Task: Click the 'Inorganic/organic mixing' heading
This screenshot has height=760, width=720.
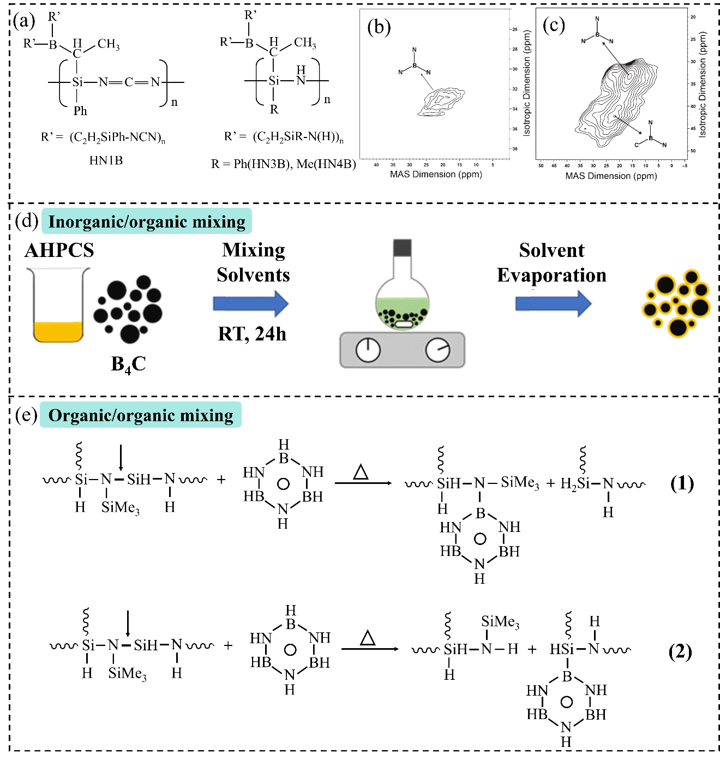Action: point(147,222)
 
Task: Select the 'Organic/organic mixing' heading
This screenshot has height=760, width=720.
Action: point(141,415)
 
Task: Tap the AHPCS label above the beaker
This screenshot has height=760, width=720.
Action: point(59,250)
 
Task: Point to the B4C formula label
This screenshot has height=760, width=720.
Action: point(128,364)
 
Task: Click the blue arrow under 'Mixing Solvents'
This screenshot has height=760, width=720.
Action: point(250,304)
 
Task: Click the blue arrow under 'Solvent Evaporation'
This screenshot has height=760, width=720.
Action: point(553,304)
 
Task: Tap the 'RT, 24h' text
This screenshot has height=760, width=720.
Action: point(252,334)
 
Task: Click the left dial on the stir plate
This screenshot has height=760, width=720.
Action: point(368,350)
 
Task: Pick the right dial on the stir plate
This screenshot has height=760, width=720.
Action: point(437,350)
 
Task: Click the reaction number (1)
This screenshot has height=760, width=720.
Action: point(682,483)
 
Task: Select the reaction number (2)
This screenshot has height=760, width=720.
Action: point(680,652)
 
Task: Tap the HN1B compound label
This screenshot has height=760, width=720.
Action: point(106,160)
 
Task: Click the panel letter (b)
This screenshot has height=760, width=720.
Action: point(379,27)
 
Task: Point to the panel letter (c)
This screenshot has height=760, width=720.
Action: point(554,25)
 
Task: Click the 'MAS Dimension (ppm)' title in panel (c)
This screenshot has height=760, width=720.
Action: point(611,176)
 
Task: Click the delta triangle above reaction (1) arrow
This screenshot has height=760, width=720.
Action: point(361,472)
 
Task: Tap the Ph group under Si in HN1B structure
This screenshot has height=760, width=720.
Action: point(80,111)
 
